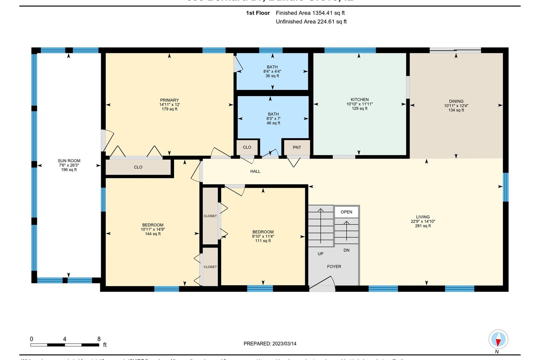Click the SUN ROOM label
[x=69, y=161]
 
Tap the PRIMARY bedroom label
[x=169, y=100]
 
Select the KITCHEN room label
[x=360, y=99]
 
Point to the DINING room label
[x=456, y=101]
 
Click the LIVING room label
[x=423, y=217]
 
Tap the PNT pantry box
[x=297, y=147]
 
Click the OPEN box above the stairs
[x=346, y=212]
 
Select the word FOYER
[x=334, y=266]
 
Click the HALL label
[x=255, y=171]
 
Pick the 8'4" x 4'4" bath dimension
[x=272, y=71]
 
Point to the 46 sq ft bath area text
[x=273, y=123]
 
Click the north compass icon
[x=498, y=339]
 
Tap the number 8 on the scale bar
[x=99, y=339]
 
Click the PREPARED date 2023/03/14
[x=270, y=344]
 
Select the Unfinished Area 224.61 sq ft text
[x=311, y=22]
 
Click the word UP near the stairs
[x=320, y=254]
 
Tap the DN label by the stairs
[x=346, y=250]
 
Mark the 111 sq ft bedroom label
[x=263, y=241]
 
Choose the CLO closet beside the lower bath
[x=247, y=147]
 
